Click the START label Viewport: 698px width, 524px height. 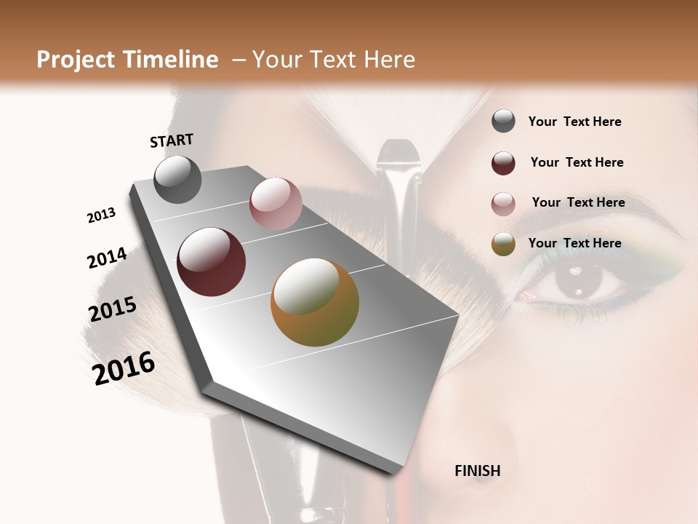[172, 140]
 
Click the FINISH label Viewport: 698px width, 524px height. [477, 471]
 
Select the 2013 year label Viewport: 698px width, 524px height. [101, 215]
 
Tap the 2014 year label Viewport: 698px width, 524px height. [107, 258]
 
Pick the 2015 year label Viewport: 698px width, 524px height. [113, 309]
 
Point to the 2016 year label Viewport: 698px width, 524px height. [124, 368]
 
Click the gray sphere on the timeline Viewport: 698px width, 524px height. [177, 179]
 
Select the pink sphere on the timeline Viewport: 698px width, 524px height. [275, 204]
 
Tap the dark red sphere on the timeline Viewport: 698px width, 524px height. [211, 262]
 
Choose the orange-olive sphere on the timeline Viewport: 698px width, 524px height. [315, 302]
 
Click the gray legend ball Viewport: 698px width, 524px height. [503, 122]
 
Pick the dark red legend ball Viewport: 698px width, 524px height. [503, 163]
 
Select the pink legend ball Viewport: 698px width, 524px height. [503, 204]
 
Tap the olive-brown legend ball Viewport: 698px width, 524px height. [503, 245]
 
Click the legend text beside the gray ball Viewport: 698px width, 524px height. [574, 122]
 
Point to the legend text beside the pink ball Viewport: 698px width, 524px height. [578, 202]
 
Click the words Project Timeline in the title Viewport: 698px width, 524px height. [127, 60]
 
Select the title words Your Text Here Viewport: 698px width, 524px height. [333, 60]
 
